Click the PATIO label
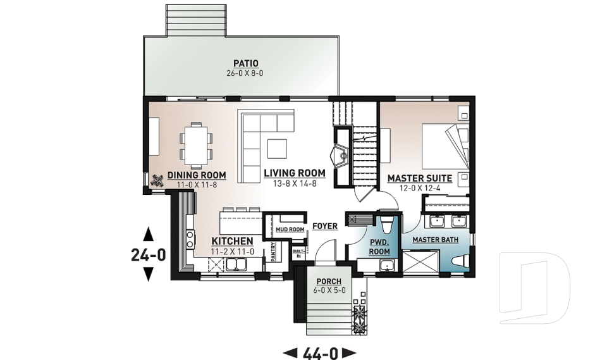tap(246, 63)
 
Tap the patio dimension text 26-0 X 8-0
tap(246, 73)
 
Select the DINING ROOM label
tap(197, 175)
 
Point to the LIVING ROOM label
tap(295, 173)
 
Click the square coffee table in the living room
tap(276, 148)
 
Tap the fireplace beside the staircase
tap(341, 154)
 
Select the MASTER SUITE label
tap(419, 178)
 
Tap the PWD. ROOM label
tap(379, 247)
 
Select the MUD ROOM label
tap(290, 229)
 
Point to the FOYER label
tap(324, 226)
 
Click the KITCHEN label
tap(232, 241)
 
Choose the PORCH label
tap(329, 282)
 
